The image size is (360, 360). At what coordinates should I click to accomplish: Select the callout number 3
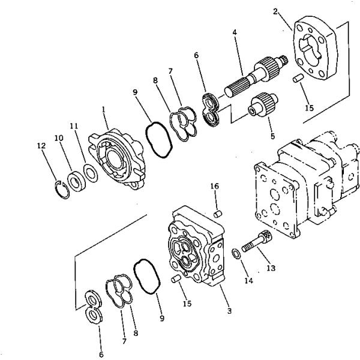coord(229,311)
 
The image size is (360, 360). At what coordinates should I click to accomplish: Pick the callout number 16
coord(214,187)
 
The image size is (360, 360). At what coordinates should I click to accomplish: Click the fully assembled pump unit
coord(303,192)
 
